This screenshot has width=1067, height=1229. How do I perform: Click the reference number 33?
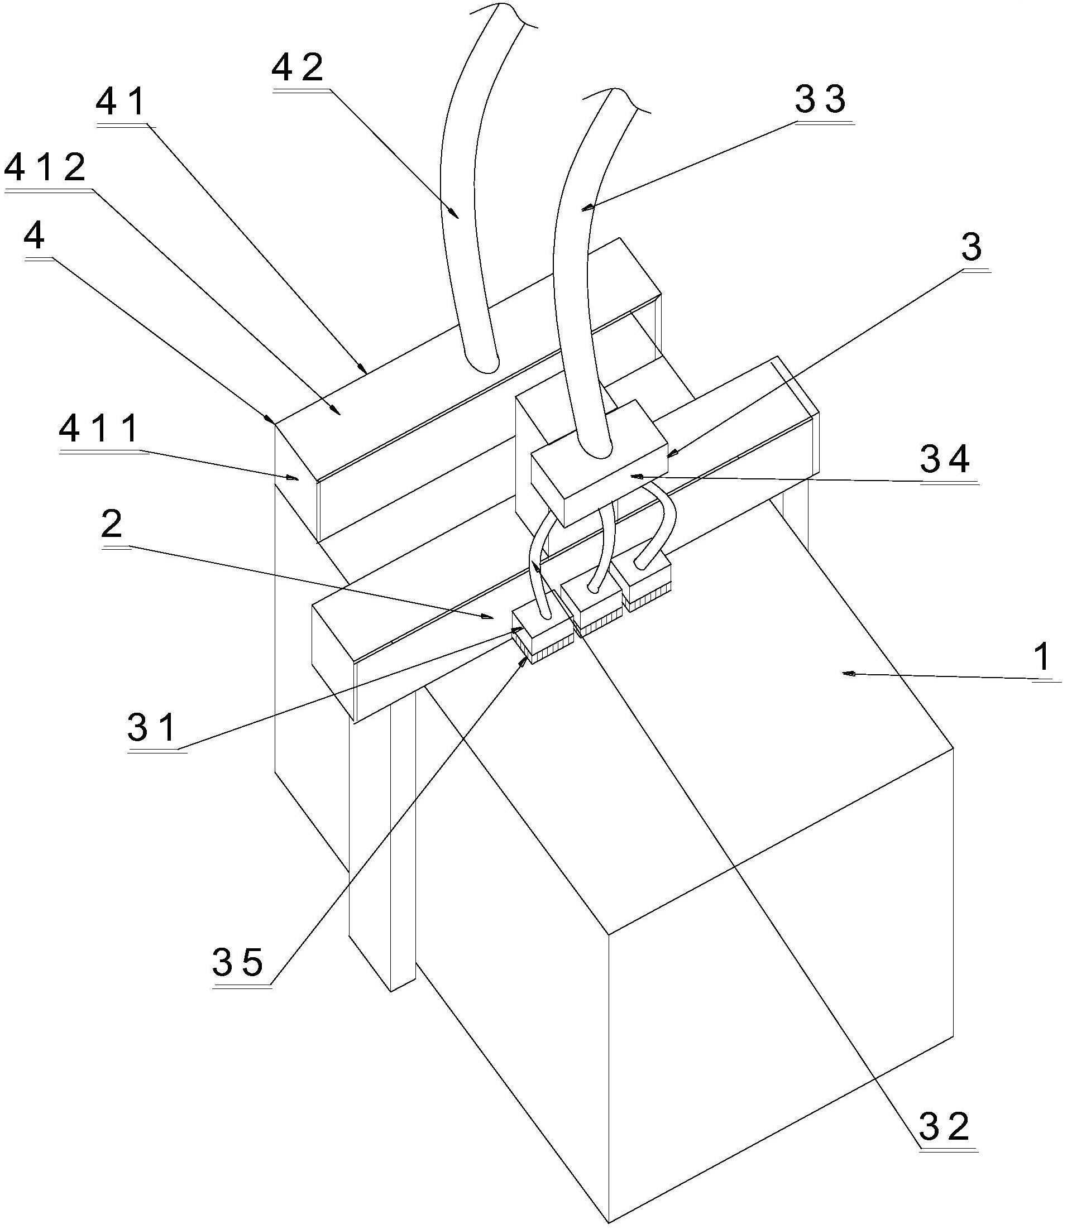tap(821, 99)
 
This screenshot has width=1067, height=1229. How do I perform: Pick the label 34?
tap(945, 459)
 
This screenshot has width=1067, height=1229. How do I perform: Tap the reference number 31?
tap(152, 727)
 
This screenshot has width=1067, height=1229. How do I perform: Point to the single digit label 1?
tap(1042, 659)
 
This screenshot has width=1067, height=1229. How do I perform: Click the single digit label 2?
tap(112, 524)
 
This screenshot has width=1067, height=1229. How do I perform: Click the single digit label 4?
tap(34, 237)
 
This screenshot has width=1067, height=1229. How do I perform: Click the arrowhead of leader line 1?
tap(848, 674)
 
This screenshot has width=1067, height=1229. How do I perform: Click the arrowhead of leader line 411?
tap(292, 477)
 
